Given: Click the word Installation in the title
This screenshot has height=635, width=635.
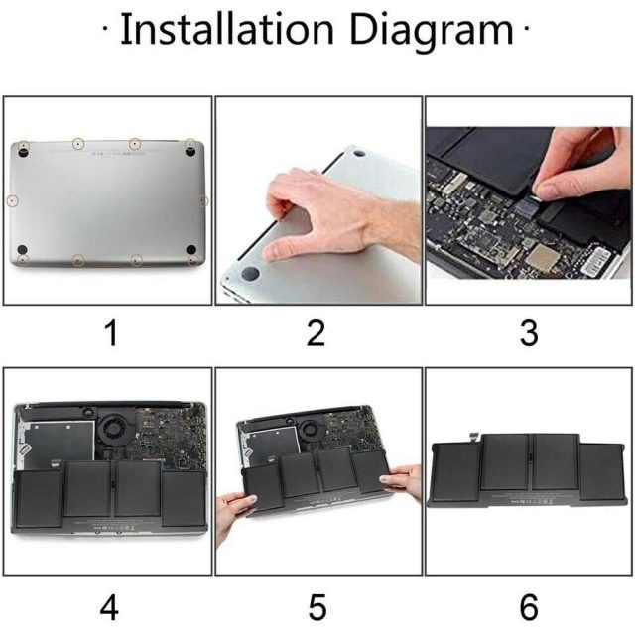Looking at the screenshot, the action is tap(227, 29).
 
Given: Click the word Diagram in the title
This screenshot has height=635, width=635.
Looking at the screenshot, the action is tap(432, 32).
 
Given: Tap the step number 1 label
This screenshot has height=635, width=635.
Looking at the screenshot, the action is tap(111, 333).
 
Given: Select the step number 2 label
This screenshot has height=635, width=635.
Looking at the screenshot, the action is tap(316, 333).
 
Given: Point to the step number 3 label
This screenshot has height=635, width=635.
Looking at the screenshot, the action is tap(529, 333).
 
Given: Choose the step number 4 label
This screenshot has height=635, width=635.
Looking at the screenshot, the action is tap(109, 607).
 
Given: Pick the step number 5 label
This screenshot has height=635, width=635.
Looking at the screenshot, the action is tap(317, 607).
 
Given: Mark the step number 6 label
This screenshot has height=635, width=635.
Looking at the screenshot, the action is tap(529, 607).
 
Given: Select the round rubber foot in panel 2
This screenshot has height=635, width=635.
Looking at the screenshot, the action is tap(250, 273).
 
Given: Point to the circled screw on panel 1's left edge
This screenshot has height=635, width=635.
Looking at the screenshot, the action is tap(13, 200).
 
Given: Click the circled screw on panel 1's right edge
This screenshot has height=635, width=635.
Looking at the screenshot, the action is tap(202, 200).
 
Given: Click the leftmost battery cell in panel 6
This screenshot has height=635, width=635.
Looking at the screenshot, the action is tap(454, 472).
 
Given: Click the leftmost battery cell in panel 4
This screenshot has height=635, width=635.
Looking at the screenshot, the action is tap(39, 499).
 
